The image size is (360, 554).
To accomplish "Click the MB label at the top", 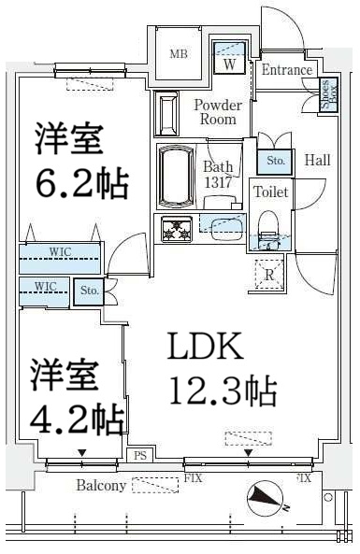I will tap(179, 54).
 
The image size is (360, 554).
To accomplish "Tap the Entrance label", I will tap(286, 70).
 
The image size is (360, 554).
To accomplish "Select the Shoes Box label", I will tap(328, 95).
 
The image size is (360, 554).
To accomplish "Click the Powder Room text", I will tap(217, 112).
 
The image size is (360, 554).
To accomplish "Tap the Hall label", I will tap(317, 161).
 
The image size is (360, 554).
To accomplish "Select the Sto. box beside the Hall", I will tap(275, 162).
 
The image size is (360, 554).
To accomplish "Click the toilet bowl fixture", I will tap(267, 226).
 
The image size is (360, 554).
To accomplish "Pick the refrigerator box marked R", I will tap(268, 275).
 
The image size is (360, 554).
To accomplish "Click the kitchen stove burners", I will tap(176, 228).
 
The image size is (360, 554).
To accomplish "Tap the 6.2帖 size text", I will tap(81, 183).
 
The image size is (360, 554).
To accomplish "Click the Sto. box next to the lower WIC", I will tap(90, 291).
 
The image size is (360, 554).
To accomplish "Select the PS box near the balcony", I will tap(140, 456).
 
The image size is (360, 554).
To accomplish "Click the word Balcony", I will tap(102, 486).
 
